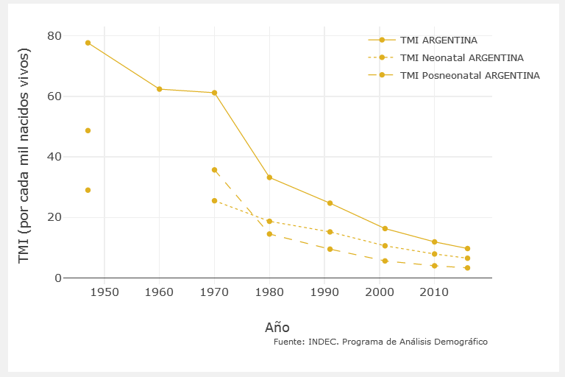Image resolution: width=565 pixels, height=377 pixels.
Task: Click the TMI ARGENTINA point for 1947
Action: [88, 43]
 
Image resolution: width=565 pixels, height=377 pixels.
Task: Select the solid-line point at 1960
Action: [159, 89]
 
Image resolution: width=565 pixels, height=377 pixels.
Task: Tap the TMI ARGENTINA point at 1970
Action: [214, 93]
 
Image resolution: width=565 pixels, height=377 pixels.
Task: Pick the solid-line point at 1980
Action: [269, 177]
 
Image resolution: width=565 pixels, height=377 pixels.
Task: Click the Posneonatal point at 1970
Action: [214, 170]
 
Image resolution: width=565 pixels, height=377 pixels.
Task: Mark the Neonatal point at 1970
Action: [214, 200]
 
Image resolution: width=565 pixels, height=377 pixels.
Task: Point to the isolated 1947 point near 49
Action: [88, 130]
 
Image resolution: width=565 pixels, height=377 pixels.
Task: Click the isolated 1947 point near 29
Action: [88, 190]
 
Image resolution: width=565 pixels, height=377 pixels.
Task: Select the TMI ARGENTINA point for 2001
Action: [385, 228]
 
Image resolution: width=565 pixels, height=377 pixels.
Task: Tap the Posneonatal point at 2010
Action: [435, 266]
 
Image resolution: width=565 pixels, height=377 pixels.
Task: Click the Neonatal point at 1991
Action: [330, 232]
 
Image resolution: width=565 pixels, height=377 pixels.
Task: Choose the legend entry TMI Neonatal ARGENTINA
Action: [461, 57]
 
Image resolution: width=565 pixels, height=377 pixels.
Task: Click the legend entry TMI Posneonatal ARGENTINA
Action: [469, 75]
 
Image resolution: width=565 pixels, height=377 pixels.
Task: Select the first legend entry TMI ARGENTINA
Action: [438, 40]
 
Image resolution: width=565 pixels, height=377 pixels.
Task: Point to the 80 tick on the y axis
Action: [54, 36]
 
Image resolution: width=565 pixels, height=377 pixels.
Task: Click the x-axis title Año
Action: [277, 326]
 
